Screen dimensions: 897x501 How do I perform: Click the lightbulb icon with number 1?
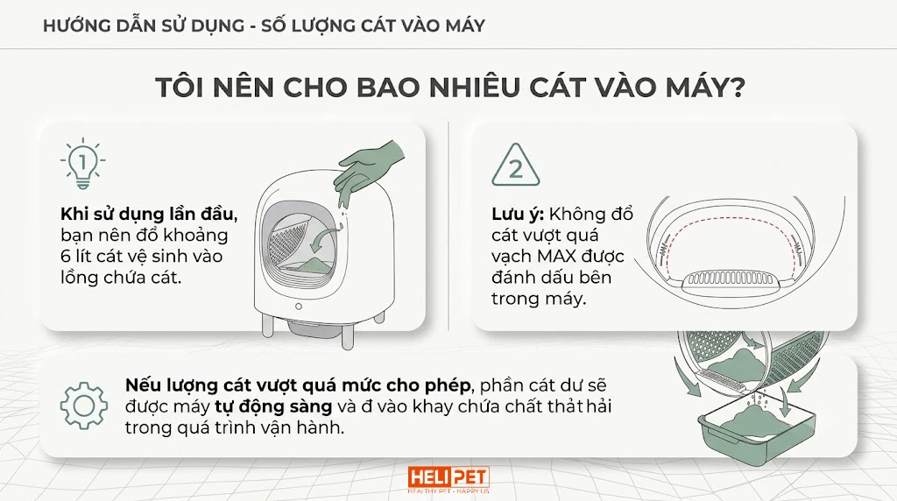coord(83,164)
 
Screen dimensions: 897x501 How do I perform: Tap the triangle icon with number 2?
coord(515,166)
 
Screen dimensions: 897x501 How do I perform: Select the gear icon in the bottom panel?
coord(84,406)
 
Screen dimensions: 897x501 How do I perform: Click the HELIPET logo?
coord(448,479)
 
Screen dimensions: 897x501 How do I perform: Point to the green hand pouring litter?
coord(366,168)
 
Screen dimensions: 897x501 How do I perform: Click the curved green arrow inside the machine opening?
coord(325,236)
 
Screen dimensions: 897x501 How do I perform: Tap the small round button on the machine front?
coord(298,307)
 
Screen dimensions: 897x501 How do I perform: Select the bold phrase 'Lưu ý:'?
coord(517,215)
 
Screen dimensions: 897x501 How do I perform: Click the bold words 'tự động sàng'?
coord(273,406)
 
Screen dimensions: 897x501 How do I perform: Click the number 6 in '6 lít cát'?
coord(66,257)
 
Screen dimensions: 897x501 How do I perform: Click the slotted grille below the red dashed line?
coord(731,279)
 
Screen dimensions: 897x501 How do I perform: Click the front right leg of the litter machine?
coord(347,334)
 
